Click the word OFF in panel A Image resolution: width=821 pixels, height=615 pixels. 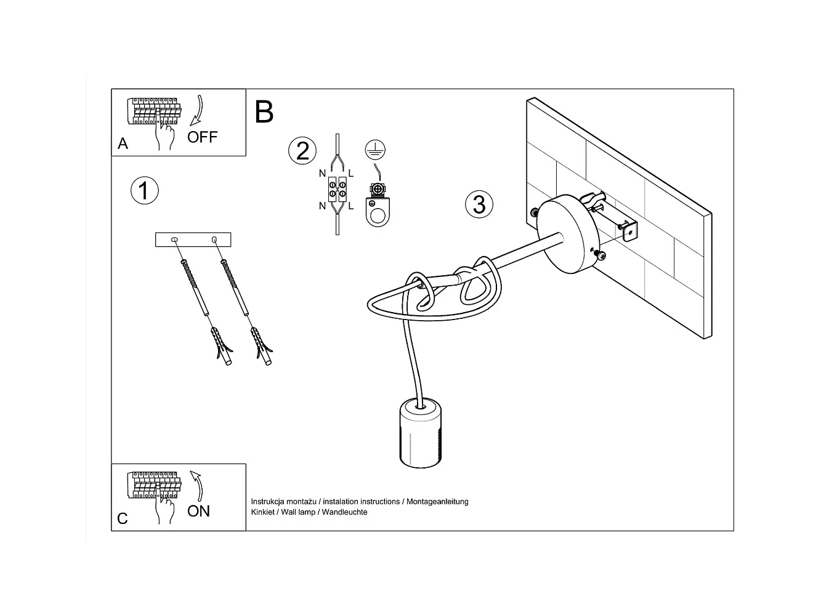tap(202, 137)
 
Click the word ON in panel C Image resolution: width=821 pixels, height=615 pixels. tap(198, 511)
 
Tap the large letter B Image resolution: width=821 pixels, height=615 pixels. tap(264, 112)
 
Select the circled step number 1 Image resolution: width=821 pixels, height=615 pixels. tap(144, 191)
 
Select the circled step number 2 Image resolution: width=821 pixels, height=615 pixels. tap(302, 151)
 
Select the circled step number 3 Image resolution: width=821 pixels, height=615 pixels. tap(479, 204)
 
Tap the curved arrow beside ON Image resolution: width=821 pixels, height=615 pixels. tap(197, 486)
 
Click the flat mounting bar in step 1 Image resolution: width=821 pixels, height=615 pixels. tap(193, 239)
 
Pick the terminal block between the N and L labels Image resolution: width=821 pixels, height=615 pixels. tap(337, 189)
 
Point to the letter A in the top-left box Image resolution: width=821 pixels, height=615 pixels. tap(123, 143)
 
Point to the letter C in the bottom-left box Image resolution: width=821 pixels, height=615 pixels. tap(122, 519)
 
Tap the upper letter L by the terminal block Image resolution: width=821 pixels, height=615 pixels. tap(351, 174)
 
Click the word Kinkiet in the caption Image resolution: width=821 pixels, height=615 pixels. tap(262, 512)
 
